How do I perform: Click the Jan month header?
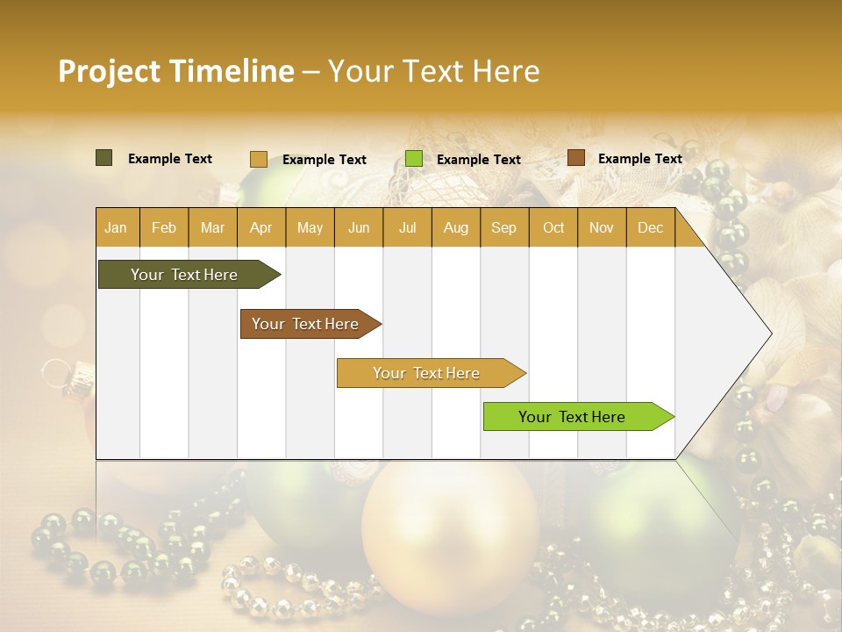116,227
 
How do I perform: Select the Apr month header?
260,227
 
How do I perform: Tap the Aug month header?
455,227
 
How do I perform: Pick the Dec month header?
650,227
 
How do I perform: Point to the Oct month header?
553,227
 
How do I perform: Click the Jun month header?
358,227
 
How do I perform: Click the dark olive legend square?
103,158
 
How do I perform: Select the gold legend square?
258,159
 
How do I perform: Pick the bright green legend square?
413,159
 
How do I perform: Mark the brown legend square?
575,158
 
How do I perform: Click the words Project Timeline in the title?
175,71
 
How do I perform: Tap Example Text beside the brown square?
639,159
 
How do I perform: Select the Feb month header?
164,227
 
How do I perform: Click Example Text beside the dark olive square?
169,159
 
